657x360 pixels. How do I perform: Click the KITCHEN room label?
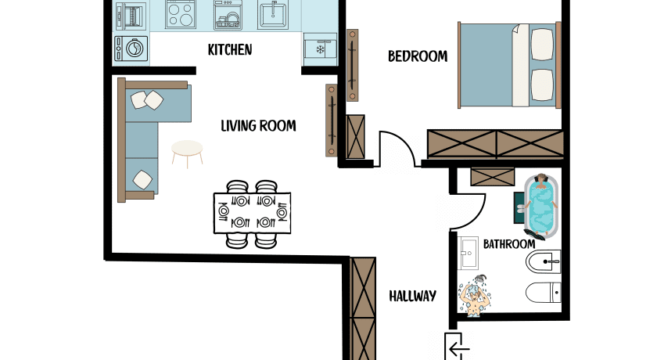tap(230, 50)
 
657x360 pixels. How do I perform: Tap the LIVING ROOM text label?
tap(258, 126)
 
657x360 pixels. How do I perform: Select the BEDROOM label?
tap(418, 56)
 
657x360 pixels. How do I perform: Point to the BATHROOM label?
tap(509, 244)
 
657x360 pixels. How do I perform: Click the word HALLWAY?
tap(413, 297)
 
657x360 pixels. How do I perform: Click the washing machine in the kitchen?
tap(131, 49)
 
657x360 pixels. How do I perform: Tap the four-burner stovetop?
tap(181, 15)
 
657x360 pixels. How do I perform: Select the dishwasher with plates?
tap(227, 15)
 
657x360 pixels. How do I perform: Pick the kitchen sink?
tap(273, 15)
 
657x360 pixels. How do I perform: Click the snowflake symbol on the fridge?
tap(320, 50)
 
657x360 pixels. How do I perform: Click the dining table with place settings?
tap(252, 213)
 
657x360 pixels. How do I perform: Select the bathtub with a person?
tap(541, 205)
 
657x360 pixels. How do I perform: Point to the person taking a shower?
tap(474, 296)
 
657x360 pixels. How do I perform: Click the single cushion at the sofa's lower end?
tap(142, 179)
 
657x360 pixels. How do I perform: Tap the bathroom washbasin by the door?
tap(468, 253)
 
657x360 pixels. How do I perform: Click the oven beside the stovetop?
tap(131, 16)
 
